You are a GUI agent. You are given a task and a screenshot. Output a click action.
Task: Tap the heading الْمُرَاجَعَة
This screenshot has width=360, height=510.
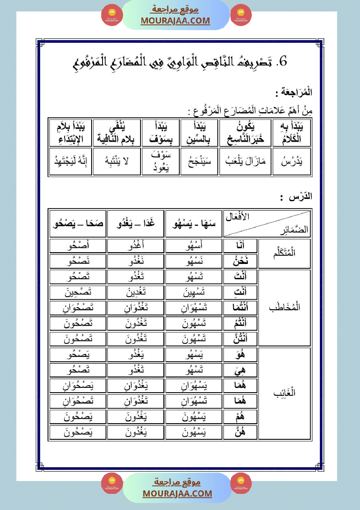[x=295, y=93]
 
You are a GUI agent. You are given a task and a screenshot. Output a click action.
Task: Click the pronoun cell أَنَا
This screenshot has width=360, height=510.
[x=240, y=246]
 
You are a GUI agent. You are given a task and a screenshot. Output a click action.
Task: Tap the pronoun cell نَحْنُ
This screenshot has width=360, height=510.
[x=240, y=261]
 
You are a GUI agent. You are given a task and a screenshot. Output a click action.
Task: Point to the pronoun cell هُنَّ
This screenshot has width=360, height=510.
[x=240, y=432]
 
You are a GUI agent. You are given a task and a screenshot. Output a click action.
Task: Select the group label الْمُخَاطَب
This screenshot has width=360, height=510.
[x=284, y=308]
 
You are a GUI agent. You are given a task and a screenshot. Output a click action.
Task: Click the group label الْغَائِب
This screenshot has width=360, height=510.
[x=284, y=393]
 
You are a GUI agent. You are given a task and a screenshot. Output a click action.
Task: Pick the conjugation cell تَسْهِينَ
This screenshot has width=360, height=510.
[x=193, y=292]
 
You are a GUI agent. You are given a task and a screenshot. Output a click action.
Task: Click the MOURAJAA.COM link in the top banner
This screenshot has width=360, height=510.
[x=175, y=21]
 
